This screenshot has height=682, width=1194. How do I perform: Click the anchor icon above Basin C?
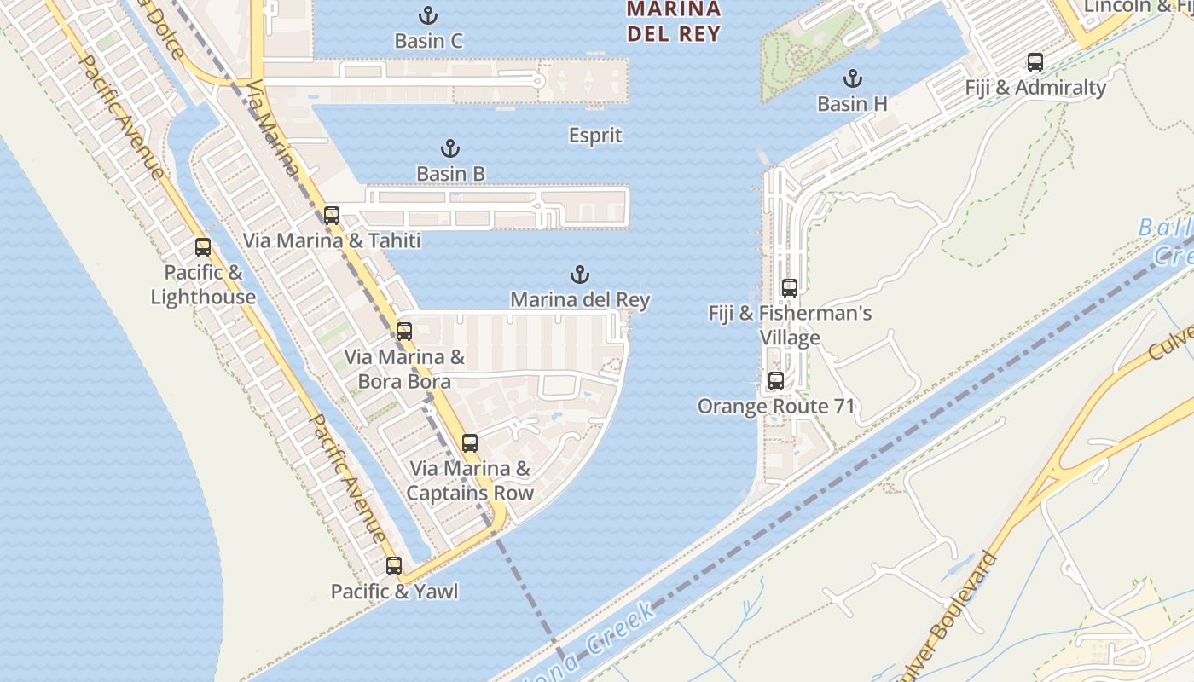(429, 15)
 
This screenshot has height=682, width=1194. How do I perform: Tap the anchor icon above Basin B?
(450, 149)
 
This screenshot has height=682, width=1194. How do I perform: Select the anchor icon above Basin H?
(852, 79)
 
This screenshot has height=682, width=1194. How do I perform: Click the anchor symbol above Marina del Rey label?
(580, 275)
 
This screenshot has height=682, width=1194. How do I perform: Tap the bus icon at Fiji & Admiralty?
(1035, 62)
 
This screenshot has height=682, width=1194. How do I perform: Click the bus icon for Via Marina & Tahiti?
(332, 216)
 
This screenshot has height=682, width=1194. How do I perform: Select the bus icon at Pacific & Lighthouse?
(203, 247)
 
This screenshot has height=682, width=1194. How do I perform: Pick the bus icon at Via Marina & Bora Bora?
(404, 332)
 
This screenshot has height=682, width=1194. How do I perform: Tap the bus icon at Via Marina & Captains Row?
(470, 443)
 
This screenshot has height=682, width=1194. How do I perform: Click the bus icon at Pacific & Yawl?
(394, 566)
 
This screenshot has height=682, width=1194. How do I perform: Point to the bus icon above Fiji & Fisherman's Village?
(790, 288)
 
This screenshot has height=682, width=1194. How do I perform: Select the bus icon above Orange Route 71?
(776, 381)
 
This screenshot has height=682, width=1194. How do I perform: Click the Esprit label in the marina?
(595, 136)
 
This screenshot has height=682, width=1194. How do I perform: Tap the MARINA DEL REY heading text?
(674, 22)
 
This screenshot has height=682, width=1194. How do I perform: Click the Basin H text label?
(852, 104)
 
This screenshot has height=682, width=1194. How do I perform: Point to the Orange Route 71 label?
(776, 407)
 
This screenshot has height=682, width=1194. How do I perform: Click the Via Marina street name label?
(273, 128)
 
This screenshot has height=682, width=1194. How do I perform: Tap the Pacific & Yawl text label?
(394, 592)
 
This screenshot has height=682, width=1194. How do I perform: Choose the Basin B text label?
(450, 174)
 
